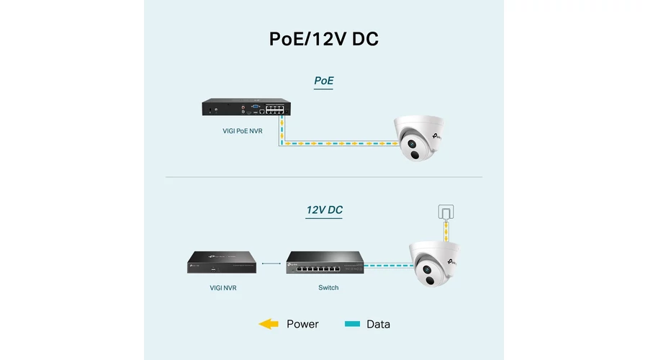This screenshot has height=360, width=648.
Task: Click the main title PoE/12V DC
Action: point(323,39)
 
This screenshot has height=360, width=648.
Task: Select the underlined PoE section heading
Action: point(323,81)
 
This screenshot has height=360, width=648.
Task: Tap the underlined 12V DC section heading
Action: point(324,210)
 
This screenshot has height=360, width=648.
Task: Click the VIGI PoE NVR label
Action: point(242,131)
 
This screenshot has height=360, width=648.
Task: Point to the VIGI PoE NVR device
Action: point(246,107)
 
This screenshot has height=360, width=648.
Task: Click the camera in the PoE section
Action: point(418,138)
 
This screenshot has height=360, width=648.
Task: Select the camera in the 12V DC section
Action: point(434,264)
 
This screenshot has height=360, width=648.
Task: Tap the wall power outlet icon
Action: point(446,212)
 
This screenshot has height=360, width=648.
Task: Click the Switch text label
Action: point(328,288)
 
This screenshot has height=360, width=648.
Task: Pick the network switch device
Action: point(325,263)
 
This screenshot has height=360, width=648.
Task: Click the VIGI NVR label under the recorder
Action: point(222,288)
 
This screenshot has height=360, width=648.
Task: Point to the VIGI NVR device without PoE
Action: point(222,262)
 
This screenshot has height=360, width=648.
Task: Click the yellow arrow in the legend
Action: point(269,324)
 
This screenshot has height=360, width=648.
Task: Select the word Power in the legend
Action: point(302,324)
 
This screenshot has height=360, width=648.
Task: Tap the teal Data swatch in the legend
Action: point(352,324)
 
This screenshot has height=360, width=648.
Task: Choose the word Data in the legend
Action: point(378,324)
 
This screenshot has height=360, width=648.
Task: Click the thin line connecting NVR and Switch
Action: point(271,264)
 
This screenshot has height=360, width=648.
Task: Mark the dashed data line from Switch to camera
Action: point(389,266)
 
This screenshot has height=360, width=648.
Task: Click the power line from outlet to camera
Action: point(446,230)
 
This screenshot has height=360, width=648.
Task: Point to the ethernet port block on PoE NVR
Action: point(275,109)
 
